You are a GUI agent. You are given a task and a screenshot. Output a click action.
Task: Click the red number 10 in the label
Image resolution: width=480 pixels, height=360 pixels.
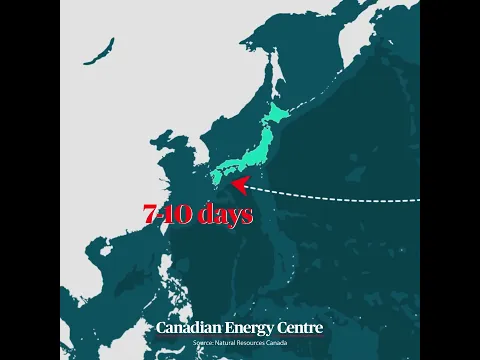176,214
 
